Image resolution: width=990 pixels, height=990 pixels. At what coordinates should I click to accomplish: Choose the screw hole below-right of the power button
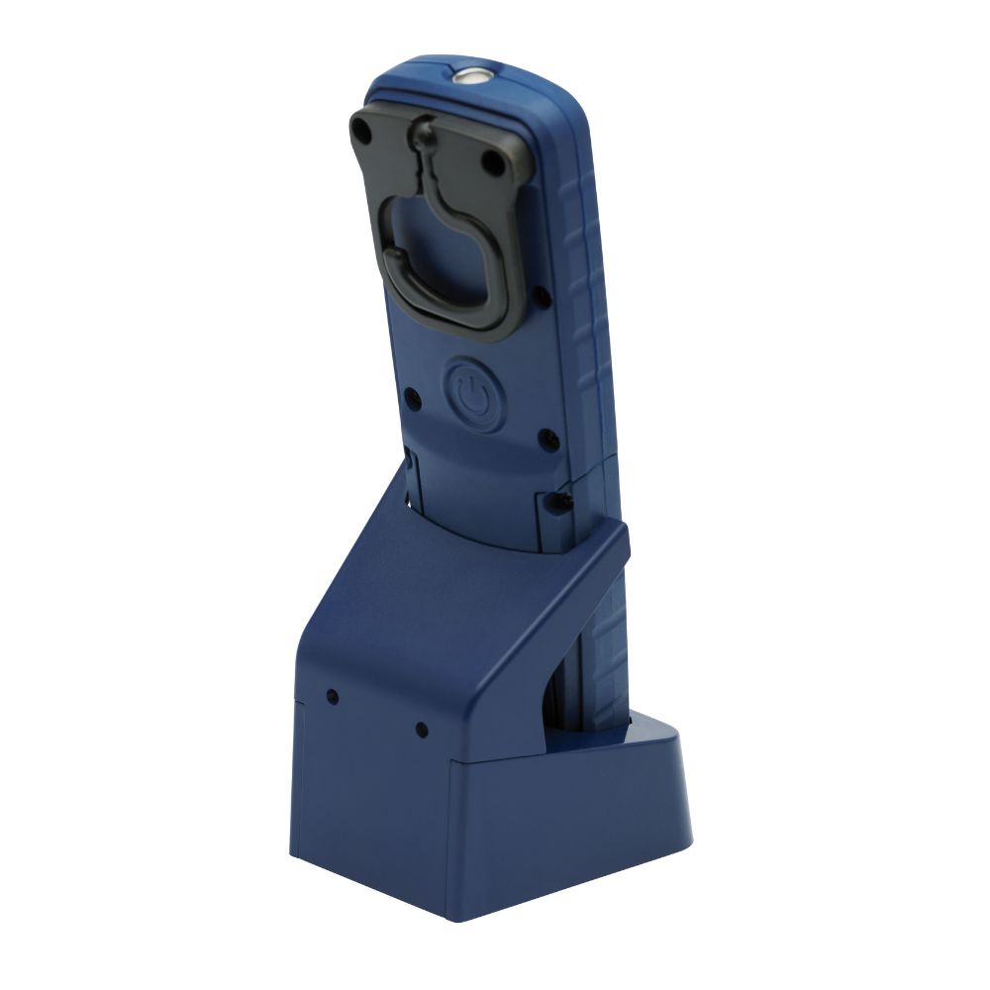pyautogui.click(x=542, y=436)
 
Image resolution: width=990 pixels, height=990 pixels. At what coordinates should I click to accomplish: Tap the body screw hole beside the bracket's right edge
pyautogui.click(x=543, y=293)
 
